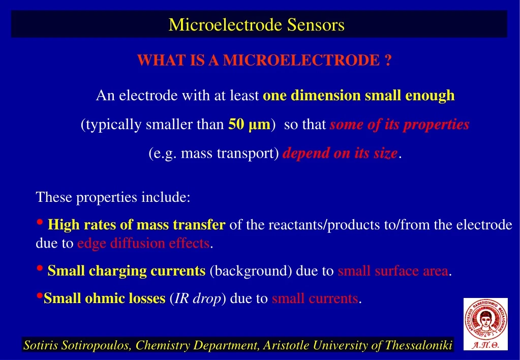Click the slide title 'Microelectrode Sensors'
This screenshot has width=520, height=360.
tap(256, 24)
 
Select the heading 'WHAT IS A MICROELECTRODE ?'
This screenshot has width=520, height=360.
tap(264, 61)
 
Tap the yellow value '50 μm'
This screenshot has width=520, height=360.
tap(249, 125)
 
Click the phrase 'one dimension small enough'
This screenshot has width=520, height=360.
tap(358, 96)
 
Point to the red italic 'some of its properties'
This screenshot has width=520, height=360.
tap(399, 125)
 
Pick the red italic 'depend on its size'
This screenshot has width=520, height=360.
tap(340, 154)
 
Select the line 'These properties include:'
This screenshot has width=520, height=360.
tap(113, 197)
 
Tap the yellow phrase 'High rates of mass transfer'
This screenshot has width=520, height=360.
tap(136, 225)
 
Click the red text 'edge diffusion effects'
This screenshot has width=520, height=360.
tap(143, 244)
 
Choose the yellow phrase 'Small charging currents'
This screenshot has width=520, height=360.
tap(126, 271)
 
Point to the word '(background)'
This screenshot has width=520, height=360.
tap(250, 271)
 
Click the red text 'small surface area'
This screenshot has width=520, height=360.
tap(393, 271)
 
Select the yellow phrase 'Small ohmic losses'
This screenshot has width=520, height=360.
tap(104, 298)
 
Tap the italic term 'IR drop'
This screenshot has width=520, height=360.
tap(198, 298)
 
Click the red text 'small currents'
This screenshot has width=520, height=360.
tap(315, 298)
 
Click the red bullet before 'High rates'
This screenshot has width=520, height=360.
tap(40, 223)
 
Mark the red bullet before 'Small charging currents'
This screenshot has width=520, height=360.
tap(40, 269)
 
